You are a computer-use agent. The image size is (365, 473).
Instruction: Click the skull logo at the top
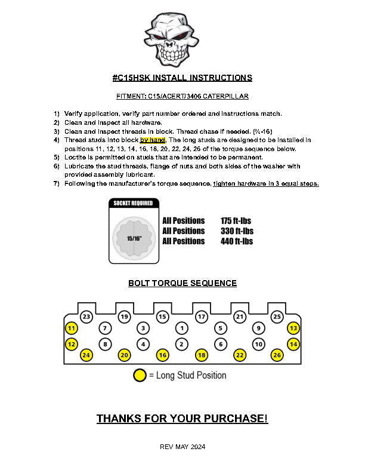tap(172, 37)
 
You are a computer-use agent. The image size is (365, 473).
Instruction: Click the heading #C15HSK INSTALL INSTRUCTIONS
tap(182, 78)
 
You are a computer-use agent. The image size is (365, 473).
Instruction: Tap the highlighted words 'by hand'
tap(153, 140)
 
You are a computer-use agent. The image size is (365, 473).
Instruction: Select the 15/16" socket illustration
tap(134, 237)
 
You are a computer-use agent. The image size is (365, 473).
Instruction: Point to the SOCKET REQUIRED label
tap(134, 203)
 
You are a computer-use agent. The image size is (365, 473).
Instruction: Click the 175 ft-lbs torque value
tap(236, 220)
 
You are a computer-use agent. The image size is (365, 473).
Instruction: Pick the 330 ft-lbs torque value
tap(237, 231)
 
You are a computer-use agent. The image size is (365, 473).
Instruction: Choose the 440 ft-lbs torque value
tap(237, 241)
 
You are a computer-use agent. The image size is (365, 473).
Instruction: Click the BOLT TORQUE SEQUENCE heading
tap(182, 283)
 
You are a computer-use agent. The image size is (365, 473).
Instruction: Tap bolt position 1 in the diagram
tap(182, 328)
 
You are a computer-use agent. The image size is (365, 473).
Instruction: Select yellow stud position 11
tap(72, 328)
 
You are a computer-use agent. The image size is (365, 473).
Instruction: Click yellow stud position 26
tap(277, 355)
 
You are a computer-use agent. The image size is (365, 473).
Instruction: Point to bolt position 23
tap(86, 317)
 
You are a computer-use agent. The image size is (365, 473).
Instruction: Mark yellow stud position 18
tap(201, 355)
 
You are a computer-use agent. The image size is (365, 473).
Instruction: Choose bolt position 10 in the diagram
tap(258, 344)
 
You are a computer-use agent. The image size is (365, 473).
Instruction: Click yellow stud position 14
tap(293, 344)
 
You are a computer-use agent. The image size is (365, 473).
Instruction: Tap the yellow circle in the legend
tap(140, 376)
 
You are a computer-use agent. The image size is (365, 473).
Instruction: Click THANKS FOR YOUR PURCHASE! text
tap(182, 419)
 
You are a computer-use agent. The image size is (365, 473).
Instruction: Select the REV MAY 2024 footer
tap(182, 447)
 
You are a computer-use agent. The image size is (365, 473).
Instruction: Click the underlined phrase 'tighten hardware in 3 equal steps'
tap(266, 183)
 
